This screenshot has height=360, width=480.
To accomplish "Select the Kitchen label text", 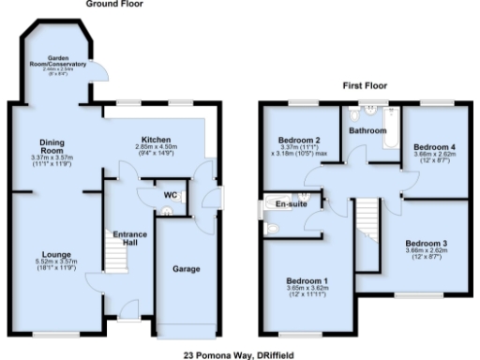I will [156, 138].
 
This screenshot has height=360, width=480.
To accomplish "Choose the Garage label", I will [186, 269].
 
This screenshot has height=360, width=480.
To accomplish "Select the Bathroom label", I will [367, 131].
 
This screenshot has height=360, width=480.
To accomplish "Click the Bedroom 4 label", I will [434, 147].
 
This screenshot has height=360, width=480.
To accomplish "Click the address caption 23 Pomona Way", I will [239, 354].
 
